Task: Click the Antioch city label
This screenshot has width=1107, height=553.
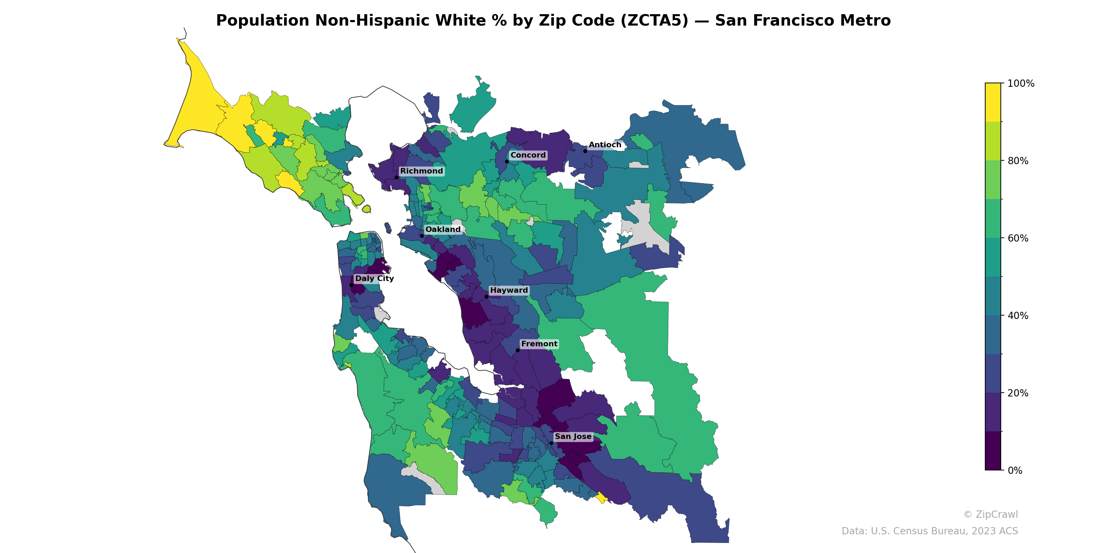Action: pos(605,145)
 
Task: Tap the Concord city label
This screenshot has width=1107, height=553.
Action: pos(528,155)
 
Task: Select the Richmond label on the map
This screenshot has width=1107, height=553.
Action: pos(421,171)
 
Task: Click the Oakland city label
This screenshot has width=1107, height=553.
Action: pos(443,229)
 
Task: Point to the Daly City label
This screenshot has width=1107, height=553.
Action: pos(374,278)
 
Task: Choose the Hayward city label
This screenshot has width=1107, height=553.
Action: pos(509,290)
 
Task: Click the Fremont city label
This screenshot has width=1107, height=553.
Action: pos(539,344)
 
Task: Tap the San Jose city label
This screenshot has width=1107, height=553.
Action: pos(573,436)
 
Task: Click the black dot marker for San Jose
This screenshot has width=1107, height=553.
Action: pos(551,443)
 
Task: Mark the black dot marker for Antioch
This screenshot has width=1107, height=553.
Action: pos(585,151)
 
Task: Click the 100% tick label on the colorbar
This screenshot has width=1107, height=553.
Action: pos(1021,84)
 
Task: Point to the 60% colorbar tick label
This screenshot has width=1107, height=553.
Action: pos(1018,238)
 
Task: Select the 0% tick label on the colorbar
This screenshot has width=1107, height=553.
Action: pos(1015,470)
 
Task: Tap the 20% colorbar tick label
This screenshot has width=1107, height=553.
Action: pos(1018,393)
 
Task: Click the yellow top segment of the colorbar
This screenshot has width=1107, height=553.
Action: pos(993,102)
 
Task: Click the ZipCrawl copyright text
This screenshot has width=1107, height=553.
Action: pos(990,514)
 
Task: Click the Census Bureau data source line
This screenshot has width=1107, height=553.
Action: pos(929,531)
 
